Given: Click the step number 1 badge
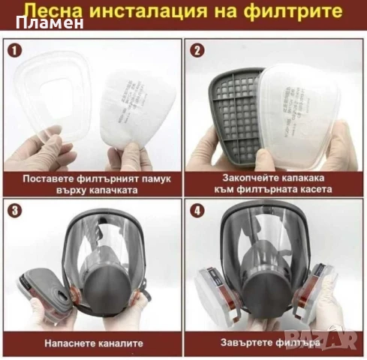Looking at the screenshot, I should [x=13, y=52].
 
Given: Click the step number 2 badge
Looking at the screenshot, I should [x=197, y=52].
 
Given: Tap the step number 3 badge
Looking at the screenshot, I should [x=13, y=210].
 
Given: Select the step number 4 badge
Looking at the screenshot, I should [x=197, y=210].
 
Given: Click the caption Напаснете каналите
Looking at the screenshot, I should [x=92, y=343].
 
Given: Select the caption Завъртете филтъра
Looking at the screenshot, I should [x=275, y=343].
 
